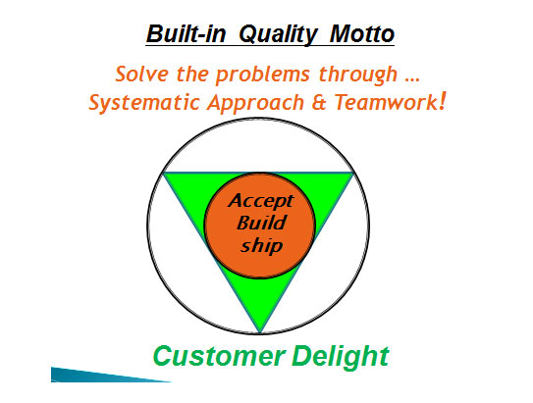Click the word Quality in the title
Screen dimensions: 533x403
point(278,34)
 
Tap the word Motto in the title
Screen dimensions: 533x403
point(362,33)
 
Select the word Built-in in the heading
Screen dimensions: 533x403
point(186,33)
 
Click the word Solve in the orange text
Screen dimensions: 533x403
point(141,74)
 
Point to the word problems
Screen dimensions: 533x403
point(262,75)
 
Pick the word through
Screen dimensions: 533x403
point(358,75)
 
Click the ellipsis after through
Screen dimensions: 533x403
point(412,79)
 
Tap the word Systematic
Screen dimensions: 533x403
point(144,103)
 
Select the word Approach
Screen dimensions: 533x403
point(255,104)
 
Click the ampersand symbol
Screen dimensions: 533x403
point(319,103)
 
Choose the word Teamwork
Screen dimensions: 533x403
point(386,102)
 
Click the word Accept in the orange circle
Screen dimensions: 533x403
point(261,201)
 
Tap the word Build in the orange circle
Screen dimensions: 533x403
point(261,223)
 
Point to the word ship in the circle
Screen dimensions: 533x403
point(262,245)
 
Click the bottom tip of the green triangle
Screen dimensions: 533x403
point(259,332)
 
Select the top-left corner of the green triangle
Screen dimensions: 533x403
point(164,174)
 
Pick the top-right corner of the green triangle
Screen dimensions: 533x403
point(353,174)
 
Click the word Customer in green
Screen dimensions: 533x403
point(219,356)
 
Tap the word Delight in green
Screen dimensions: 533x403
point(341,356)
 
